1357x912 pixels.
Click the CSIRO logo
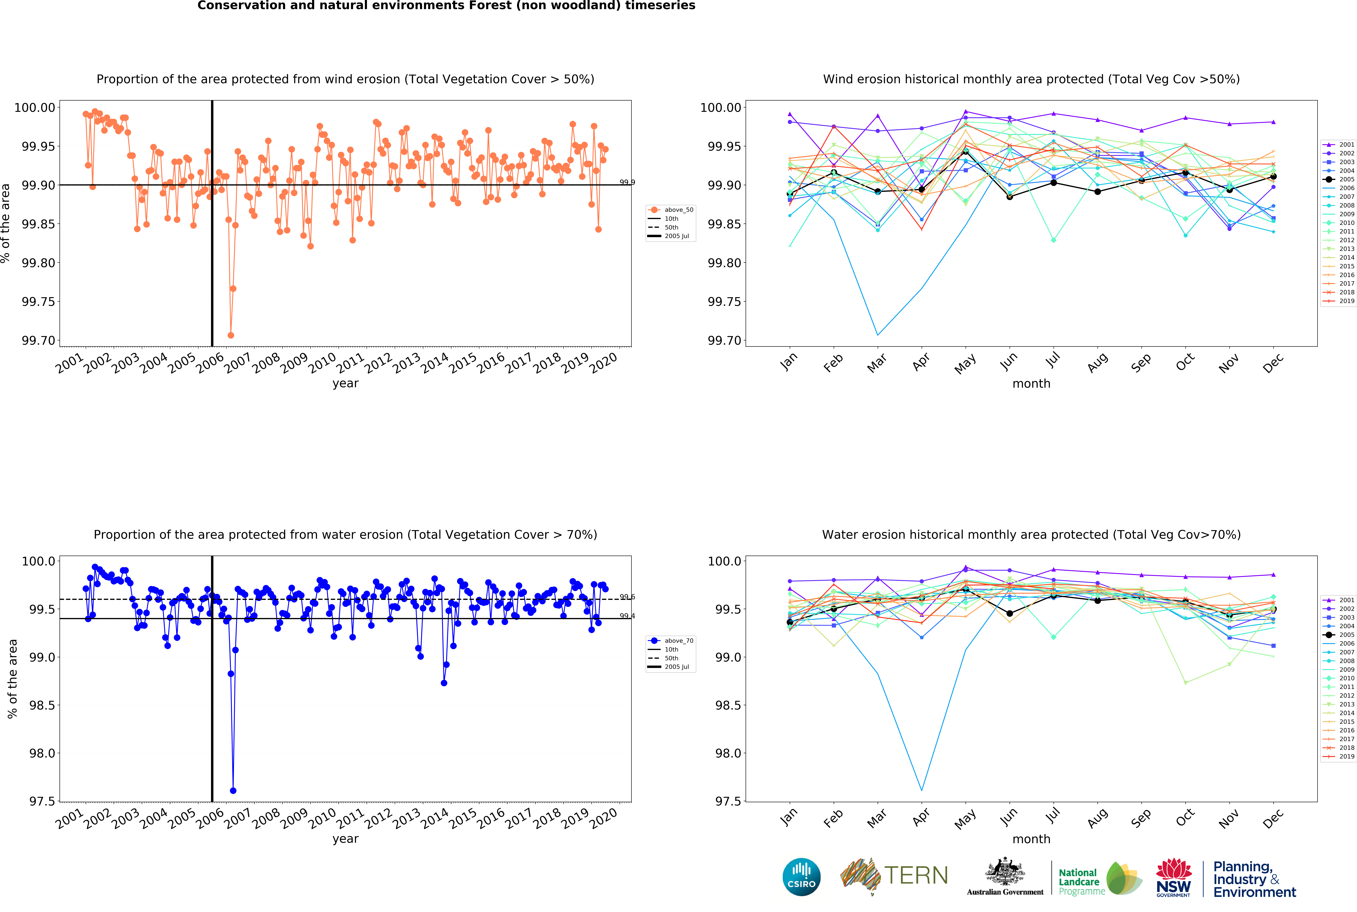[801, 877]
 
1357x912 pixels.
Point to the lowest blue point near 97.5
[233, 790]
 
